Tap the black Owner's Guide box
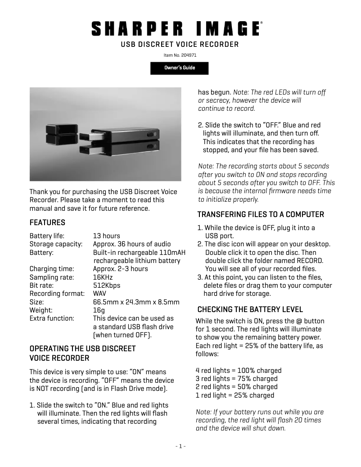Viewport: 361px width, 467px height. point(180,68)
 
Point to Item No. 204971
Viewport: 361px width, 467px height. point(180,55)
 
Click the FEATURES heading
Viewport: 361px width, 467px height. point(47,222)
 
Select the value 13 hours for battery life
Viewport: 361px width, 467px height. point(107,236)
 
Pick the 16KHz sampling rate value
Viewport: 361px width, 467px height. point(103,277)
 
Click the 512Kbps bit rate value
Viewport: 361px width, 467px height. point(107,286)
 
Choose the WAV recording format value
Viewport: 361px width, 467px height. point(99,294)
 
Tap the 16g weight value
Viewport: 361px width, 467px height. point(99,310)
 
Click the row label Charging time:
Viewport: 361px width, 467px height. point(50,269)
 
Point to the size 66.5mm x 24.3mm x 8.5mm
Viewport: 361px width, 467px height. point(136,302)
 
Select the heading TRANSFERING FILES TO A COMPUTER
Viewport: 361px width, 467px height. point(261,214)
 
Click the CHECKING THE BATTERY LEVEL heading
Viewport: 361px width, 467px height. point(250,309)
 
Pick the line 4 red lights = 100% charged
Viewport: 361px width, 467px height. point(239,371)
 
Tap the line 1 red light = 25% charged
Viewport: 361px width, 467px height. point(235,395)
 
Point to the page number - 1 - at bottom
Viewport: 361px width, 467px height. point(180,446)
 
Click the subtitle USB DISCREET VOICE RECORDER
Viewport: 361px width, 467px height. point(180,44)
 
